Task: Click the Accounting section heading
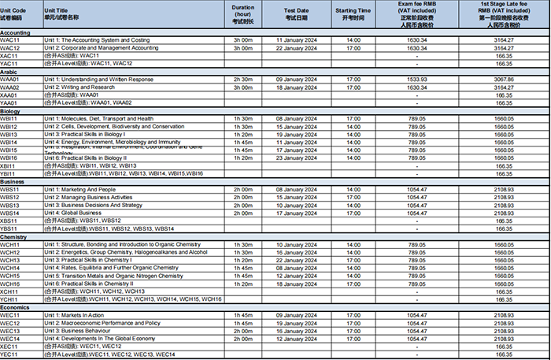coord(16,32)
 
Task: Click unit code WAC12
coord(10,48)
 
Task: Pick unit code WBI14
coord(9,142)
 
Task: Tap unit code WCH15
coord(10,276)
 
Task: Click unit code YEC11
coord(9,354)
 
